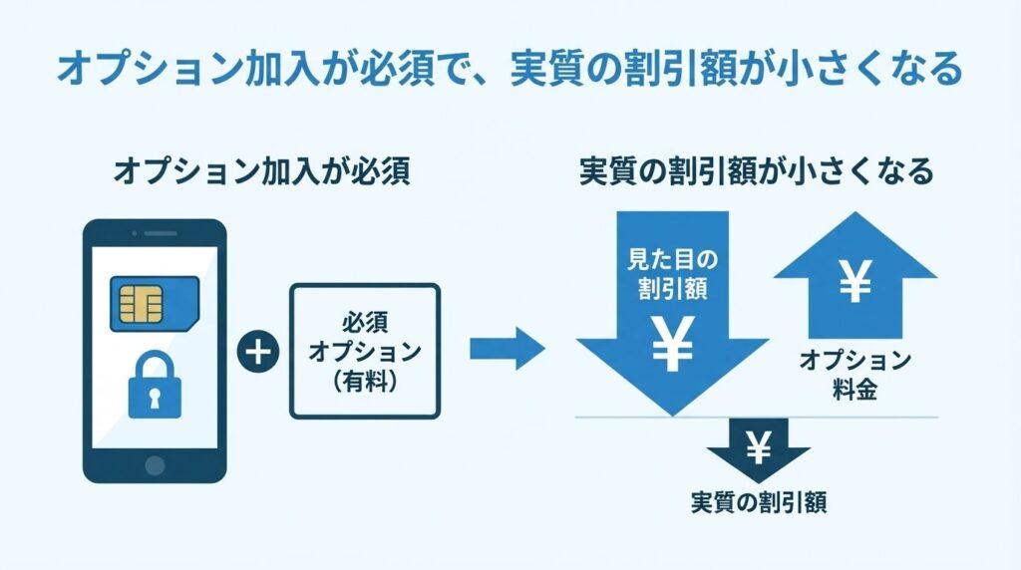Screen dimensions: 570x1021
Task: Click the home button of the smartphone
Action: [154, 465]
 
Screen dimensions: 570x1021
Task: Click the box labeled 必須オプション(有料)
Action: [365, 352]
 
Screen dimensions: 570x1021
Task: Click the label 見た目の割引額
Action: [671, 275]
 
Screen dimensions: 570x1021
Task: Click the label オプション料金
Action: [854, 375]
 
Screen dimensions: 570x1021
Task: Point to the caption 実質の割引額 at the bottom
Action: [759, 502]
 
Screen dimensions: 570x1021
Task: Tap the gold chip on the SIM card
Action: [141, 303]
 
